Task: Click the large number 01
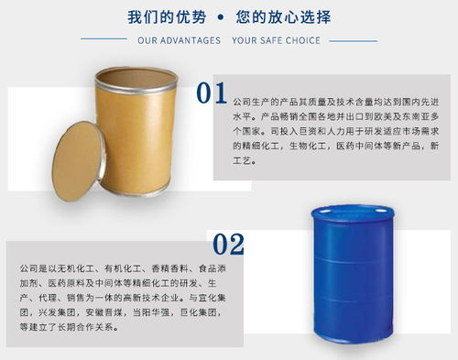point(212,93)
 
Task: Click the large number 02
point(228,244)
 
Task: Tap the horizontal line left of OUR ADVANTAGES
point(106,41)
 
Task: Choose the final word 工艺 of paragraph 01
point(245,160)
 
